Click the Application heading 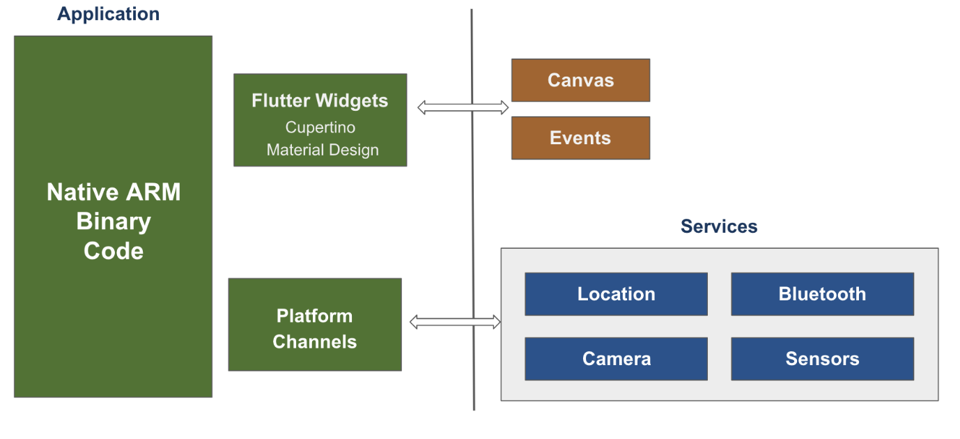click(108, 14)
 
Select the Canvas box click(580, 80)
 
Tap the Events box click(580, 138)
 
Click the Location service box click(616, 294)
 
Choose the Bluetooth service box click(822, 294)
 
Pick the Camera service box click(616, 359)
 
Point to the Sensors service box click(822, 359)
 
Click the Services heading click(718, 226)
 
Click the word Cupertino click(320, 128)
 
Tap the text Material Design click(323, 150)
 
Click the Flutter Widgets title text click(320, 101)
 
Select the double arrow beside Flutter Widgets click(463, 107)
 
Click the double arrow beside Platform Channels click(456, 322)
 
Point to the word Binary click(114, 222)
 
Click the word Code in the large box click(114, 251)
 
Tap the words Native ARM click(114, 192)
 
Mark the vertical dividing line click(472, 209)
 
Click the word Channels click(315, 341)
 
